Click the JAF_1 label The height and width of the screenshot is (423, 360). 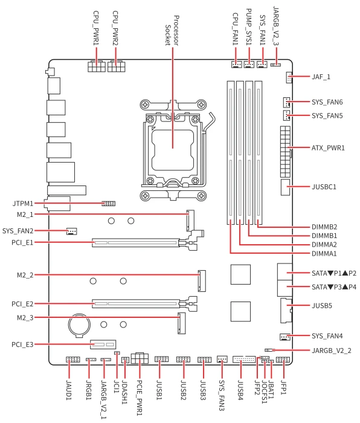pyautogui.click(x=321, y=77)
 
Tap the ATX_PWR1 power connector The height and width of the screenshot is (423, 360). pyautogui.click(x=285, y=152)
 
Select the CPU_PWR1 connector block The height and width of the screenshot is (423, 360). pyautogui.click(x=96, y=66)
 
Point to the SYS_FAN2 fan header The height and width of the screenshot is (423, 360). pyautogui.click(x=71, y=231)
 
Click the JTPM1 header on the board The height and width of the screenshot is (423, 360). pyautogui.click(x=108, y=204)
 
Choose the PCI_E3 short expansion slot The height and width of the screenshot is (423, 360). pyautogui.click(x=103, y=344)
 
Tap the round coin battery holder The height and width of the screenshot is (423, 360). pyautogui.click(x=79, y=325)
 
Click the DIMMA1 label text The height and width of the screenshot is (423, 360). pyautogui.click(x=324, y=254)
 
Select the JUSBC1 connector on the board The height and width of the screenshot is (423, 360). pyautogui.click(x=285, y=187)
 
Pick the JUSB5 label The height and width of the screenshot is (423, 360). pyautogui.click(x=322, y=306)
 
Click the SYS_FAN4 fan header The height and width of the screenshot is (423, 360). pyautogui.click(x=284, y=337)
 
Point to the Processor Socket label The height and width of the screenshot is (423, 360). pyautogui.click(x=172, y=30)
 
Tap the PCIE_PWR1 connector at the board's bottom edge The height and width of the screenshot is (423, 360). pyautogui.click(x=140, y=358)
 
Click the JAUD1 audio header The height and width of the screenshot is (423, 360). pyautogui.click(x=73, y=360)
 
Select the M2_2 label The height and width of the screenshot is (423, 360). pyautogui.click(x=25, y=275)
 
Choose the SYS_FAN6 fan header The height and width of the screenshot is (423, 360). pyautogui.click(x=286, y=102)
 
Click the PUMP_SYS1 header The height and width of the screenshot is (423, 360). pyautogui.click(x=249, y=65)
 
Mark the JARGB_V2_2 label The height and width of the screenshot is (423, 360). pyautogui.click(x=332, y=350)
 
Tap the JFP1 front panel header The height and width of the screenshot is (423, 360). pyautogui.click(x=283, y=360)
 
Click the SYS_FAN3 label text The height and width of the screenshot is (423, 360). pyautogui.click(x=222, y=395)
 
